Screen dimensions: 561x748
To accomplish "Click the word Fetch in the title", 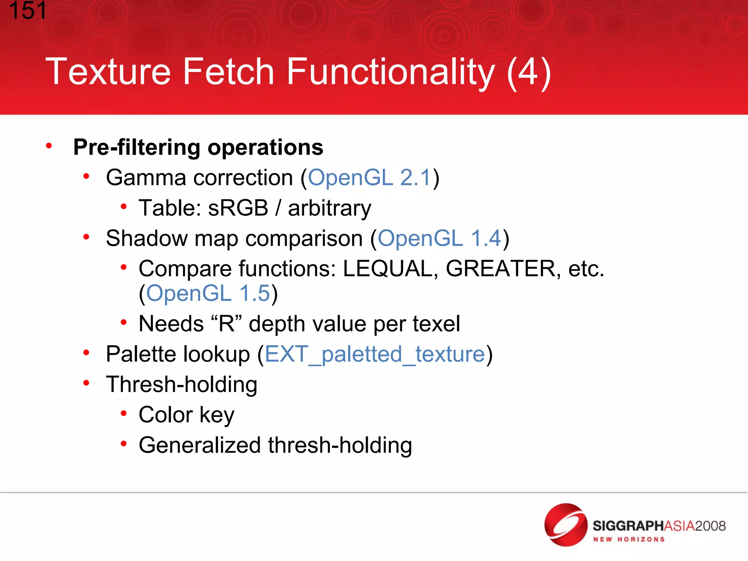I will pyautogui.click(x=228, y=72).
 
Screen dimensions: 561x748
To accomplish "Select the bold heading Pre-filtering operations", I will pyautogui.click(x=198, y=147).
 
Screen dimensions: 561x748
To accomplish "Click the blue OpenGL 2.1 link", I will pyautogui.click(x=370, y=178).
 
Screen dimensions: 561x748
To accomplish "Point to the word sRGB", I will pyautogui.click(x=238, y=208).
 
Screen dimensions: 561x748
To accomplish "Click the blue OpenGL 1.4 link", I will pyautogui.click(x=439, y=238).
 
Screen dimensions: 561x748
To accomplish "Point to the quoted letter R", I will pyautogui.click(x=226, y=324).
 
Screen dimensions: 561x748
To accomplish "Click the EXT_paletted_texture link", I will pyautogui.click(x=375, y=354).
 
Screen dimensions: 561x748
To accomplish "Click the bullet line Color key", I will pyautogui.click(x=186, y=415).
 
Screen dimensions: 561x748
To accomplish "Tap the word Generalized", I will pyautogui.click(x=200, y=446).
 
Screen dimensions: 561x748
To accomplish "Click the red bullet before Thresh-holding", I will pyautogui.click(x=86, y=383).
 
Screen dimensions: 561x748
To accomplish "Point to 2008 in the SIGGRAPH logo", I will pyautogui.click(x=710, y=526).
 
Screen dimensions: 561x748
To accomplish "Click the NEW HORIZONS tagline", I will pyautogui.click(x=629, y=539).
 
